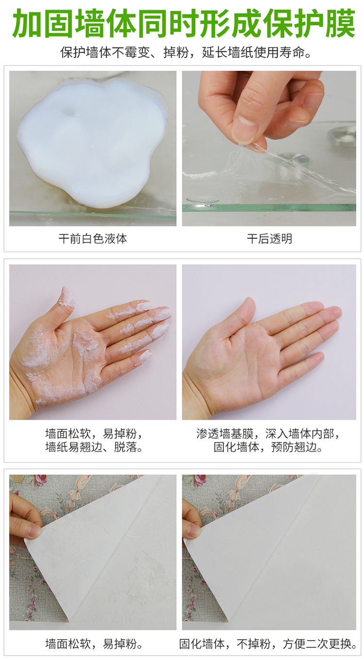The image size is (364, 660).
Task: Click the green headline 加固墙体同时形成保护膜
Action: [183, 24]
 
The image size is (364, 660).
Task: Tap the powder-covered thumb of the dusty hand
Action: [67, 298]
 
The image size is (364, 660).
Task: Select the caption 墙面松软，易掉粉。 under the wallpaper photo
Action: [94, 644]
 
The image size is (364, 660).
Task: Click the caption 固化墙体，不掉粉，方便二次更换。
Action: [268, 644]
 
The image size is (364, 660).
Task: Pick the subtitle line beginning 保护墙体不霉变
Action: [186, 53]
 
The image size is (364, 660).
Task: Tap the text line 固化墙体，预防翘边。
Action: [268, 447]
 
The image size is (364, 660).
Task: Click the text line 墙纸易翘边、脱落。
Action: [94, 447]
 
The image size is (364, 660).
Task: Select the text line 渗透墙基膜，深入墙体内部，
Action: [268, 434]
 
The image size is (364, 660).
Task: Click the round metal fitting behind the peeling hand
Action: [343, 136]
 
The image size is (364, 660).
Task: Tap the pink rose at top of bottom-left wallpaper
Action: [40, 480]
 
